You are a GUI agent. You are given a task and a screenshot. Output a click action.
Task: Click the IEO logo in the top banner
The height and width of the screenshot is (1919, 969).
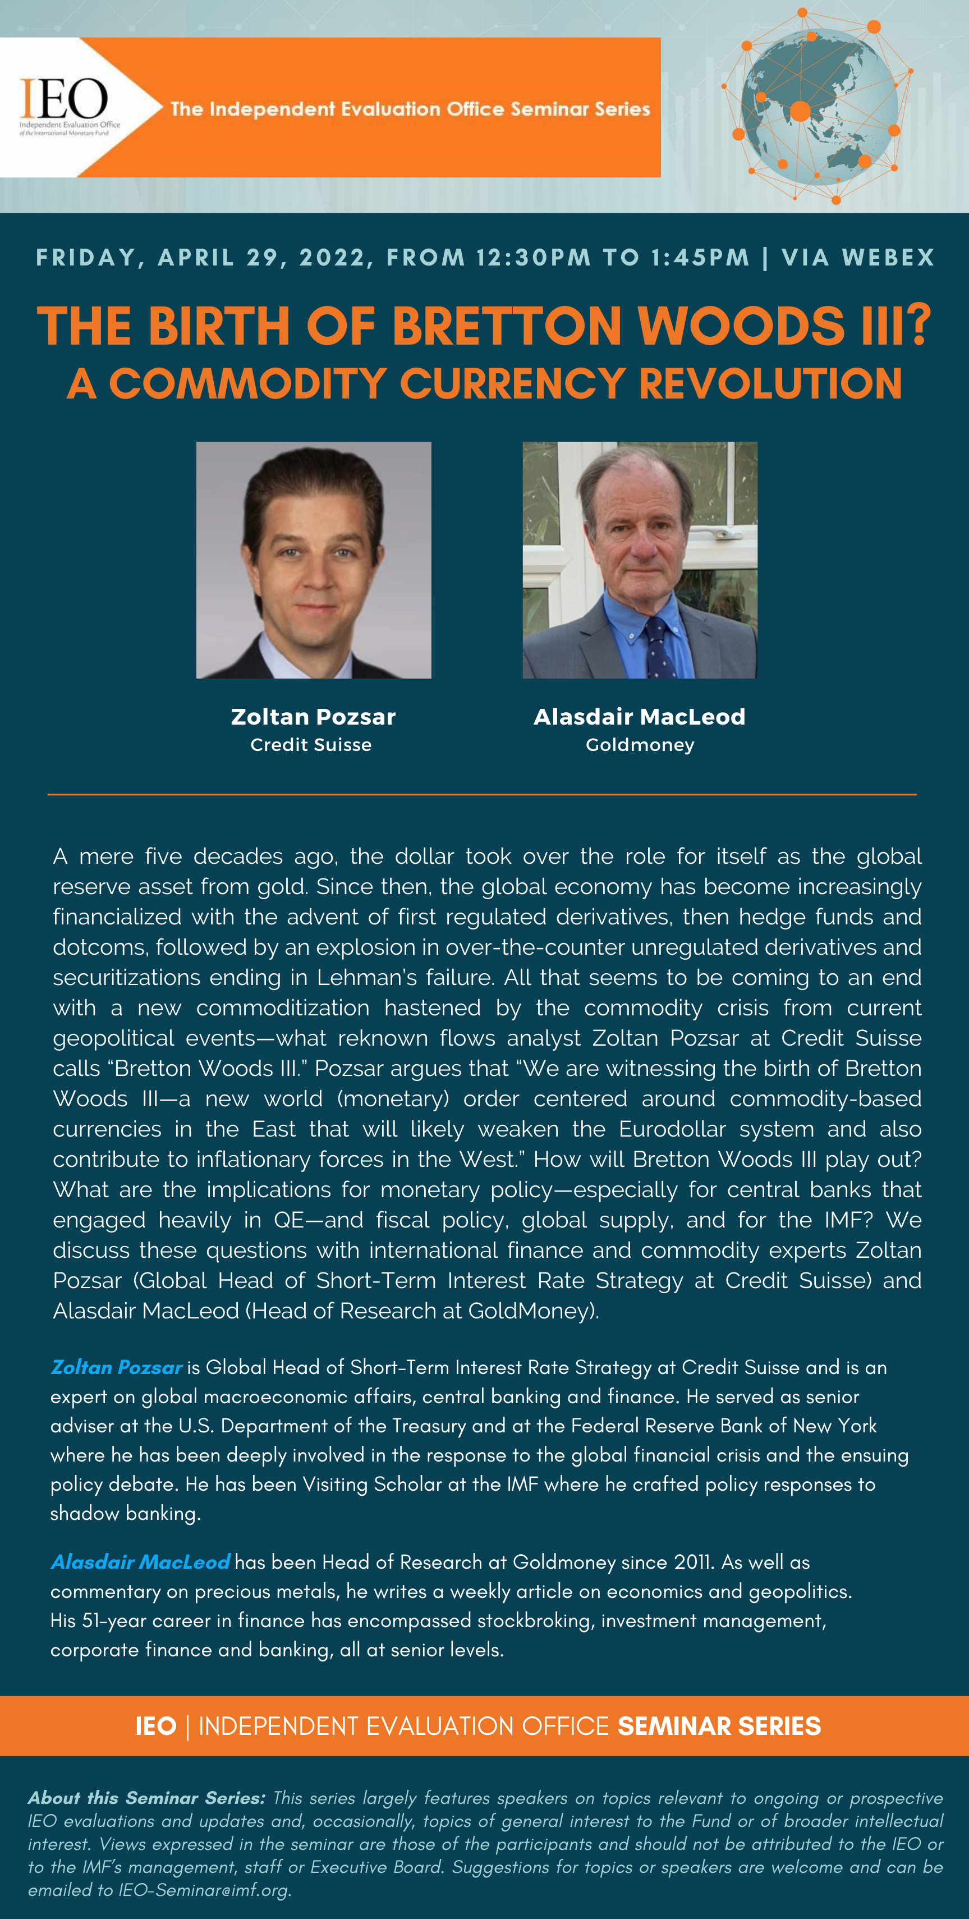click(66, 106)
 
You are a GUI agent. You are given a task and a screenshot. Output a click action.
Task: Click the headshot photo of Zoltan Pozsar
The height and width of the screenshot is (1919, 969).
click(314, 560)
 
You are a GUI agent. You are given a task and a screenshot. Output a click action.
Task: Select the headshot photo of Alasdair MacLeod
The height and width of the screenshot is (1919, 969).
click(640, 560)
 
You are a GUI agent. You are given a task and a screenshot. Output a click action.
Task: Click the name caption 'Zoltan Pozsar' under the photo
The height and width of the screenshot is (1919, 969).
click(313, 717)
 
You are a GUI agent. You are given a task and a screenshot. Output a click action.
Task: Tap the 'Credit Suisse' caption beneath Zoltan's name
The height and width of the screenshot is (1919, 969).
click(311, 745)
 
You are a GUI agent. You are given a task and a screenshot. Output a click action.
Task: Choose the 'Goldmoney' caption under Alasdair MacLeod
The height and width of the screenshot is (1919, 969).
click(640, 745)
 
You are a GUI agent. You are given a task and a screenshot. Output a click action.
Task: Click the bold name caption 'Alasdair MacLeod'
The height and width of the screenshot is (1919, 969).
click(639, 717)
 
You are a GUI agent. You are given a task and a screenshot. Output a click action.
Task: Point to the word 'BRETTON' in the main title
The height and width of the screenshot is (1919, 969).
click(507, 326)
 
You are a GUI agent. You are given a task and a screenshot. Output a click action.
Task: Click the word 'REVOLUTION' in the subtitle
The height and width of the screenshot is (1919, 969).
click(770, 384)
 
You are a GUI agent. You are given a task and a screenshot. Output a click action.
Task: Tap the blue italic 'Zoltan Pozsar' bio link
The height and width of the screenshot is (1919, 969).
click(117, 1367)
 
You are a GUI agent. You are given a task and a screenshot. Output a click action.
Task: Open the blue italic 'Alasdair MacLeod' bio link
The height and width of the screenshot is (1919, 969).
click(140, 1562)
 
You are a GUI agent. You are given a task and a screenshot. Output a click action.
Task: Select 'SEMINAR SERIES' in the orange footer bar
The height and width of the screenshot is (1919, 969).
click(719, 1726)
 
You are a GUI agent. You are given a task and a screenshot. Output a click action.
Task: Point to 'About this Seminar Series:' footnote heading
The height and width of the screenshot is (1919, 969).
click(147, 1798)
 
